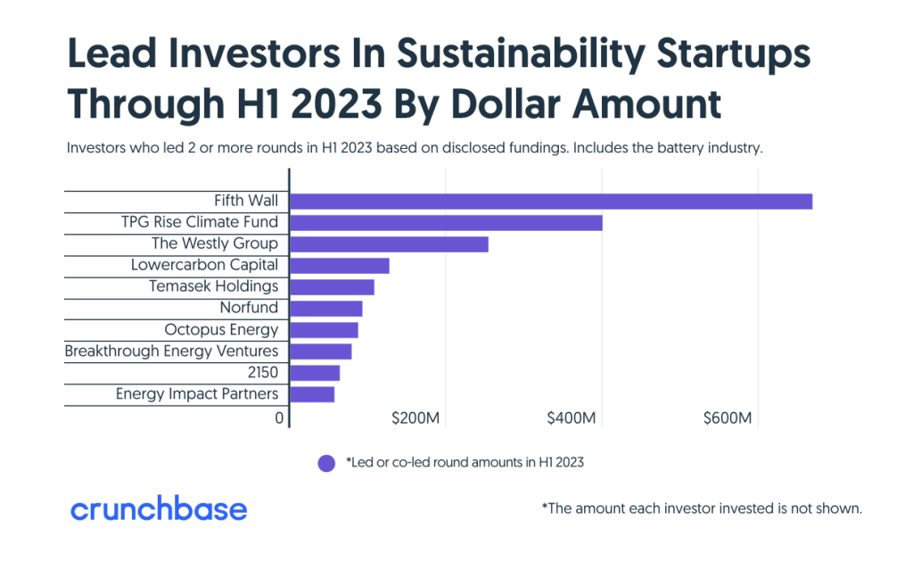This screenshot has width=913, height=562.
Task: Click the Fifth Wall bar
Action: (551, 202)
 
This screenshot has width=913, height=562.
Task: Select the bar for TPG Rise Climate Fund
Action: (446, 223)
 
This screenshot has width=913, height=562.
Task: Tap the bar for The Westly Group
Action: (389, 244)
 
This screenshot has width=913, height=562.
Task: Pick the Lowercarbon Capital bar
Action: (340, 266)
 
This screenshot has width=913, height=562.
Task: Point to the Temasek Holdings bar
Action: (332, 287)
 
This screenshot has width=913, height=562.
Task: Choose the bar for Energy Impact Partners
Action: (312, 394)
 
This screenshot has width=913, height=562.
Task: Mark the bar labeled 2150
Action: (315, 373)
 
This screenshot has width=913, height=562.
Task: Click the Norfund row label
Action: (249, 308)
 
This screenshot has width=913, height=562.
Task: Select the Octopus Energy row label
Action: (221, 330)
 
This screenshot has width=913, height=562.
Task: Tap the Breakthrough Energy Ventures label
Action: (171, 351)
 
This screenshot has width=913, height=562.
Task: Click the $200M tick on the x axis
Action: (416, 418)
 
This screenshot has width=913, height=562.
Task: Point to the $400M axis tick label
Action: (572, 418)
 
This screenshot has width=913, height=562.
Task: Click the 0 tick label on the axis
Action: (279, 418)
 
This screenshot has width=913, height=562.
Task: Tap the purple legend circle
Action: (326, 463)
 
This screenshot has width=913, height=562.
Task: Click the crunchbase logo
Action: (159, 509)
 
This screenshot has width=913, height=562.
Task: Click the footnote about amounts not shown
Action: (702, 509)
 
